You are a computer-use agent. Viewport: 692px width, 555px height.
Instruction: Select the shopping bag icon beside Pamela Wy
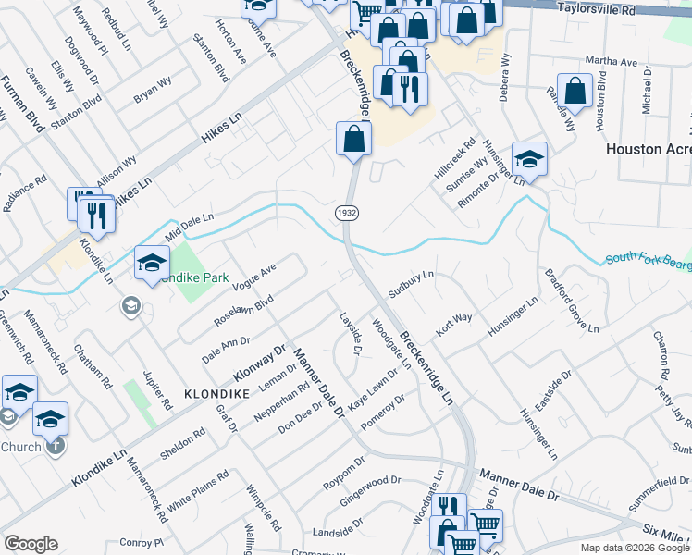coord(575,92)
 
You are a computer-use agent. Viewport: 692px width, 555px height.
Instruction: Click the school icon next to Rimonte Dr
coord(529,158)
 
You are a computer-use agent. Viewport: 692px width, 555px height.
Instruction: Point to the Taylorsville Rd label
coord(599,8)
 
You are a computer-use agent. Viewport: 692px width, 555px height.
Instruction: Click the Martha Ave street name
coord(617,62)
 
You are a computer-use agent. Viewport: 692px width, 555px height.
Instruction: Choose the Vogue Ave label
coord(256,276)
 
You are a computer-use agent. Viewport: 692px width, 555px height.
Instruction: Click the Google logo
coord(31,544)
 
